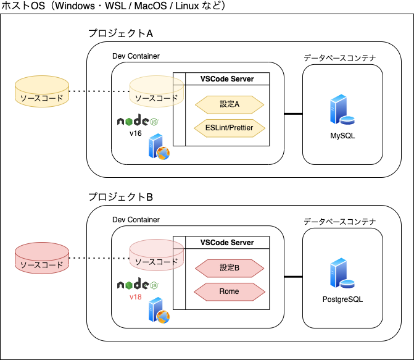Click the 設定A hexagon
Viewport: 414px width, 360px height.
pyautogui.click(x=230, y=104)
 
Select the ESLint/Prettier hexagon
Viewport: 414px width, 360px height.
pyautogui.click(x=230, y=128)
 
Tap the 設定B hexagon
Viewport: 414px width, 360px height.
pyautogui.click(x=230, y=267)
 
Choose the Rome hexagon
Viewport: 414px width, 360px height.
pyautogui.click(x=230, y=291)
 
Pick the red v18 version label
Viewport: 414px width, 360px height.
pyautogui.click(x=136, y=296)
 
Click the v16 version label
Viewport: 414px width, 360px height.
pyautogui.click(x=136, y=133)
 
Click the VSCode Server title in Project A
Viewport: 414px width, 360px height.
pyautogui.click(x=227, y=78)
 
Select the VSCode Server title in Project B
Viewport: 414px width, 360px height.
pyautogui.click(x=227, y=243)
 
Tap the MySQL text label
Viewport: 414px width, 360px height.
pyautogui.click(x=342, y=135)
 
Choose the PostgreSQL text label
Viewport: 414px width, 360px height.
pyautogui.click(x=342, y=299)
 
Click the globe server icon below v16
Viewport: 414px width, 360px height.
pyautogui.click(x=159, y=149)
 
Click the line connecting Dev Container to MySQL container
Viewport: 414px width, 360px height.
pyautogui.click(x=293, y=114)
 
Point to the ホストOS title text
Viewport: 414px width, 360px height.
pyautogui.click(x=114, y=6)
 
